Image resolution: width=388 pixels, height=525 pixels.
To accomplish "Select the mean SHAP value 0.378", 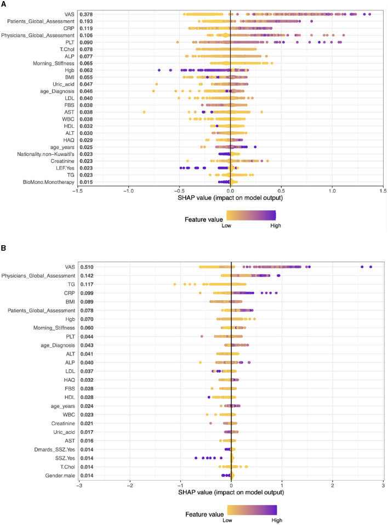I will (x=85, y=13).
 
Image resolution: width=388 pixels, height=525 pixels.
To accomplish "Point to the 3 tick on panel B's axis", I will (x=383, y=454).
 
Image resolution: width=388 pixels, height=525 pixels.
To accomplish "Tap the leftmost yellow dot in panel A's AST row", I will (x=144, y=112).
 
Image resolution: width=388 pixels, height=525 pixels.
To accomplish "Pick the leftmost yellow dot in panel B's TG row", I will (x=175, y=284).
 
